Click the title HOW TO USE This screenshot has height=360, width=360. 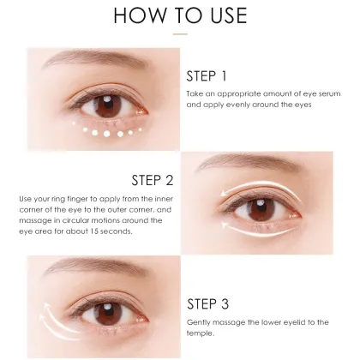(x=180, y=16)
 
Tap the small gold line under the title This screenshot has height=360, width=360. (x=180, y=35)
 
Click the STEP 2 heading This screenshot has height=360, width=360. (x=153, y=180)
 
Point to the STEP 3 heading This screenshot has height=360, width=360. (x=208, y=303)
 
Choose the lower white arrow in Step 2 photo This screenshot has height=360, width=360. (x=257, y=232)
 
